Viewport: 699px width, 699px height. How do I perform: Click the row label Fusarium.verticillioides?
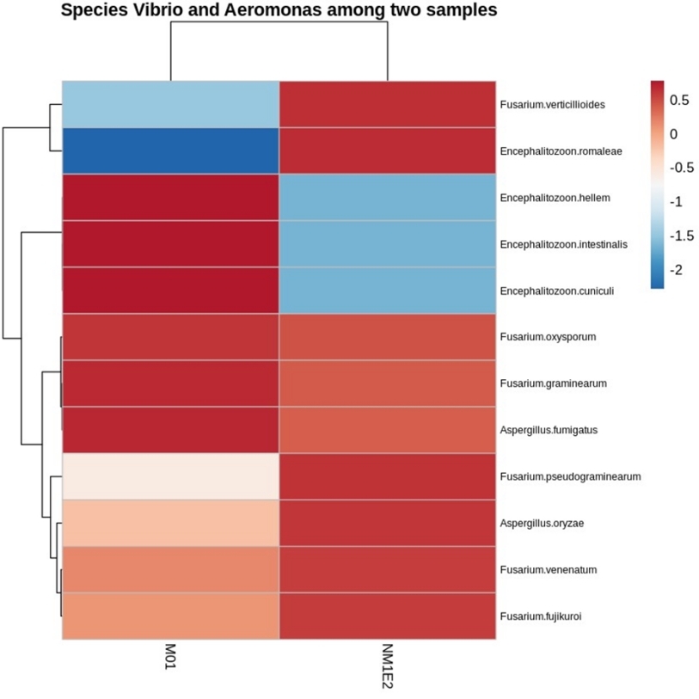553,105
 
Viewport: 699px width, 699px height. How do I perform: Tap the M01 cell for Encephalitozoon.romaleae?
170,151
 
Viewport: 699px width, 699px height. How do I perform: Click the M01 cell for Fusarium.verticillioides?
170,105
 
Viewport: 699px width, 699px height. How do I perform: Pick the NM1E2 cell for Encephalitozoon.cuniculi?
388,291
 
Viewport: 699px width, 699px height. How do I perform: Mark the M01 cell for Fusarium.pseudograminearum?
170,476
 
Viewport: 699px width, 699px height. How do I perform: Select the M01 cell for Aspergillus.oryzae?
170,523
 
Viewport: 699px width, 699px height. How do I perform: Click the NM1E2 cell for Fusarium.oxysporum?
388,337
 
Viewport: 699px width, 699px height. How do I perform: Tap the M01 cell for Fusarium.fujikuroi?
170,616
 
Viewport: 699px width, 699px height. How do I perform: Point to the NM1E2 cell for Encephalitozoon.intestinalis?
388,244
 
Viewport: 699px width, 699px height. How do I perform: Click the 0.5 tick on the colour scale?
679,100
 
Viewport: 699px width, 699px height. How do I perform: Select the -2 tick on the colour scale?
677,270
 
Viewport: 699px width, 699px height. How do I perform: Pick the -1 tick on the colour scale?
677,202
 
